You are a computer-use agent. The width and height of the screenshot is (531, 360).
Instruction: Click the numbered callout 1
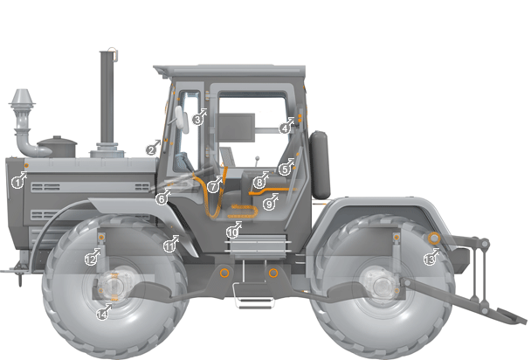click(17, 182)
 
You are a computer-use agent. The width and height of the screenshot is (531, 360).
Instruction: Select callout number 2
click(151, 149)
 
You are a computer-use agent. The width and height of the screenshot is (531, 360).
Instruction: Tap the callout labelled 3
click(198, 119)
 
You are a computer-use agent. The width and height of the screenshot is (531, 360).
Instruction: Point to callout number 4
click(285, 128)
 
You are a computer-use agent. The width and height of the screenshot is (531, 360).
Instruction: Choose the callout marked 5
click(284, 169)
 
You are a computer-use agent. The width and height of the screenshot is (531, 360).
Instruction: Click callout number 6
click(162, 198)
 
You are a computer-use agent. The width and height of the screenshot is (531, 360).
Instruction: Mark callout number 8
click(259, 183)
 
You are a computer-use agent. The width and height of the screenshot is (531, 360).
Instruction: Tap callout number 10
click(231, 232)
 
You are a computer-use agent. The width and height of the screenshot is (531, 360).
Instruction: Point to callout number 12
click(90, 259)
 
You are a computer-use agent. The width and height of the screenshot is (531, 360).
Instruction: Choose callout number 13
click(429, 259)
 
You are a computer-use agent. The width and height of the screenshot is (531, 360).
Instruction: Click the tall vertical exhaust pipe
click(107, 96)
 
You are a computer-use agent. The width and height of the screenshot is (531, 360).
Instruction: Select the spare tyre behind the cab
click(321, 164)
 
